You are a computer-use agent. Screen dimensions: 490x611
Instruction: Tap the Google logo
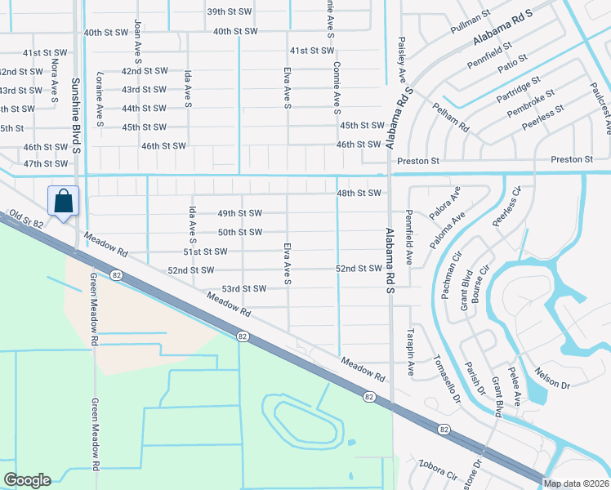(27, 479)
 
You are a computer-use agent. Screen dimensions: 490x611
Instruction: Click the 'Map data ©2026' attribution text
(576, 483)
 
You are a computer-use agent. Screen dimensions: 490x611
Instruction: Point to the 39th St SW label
(227, 12)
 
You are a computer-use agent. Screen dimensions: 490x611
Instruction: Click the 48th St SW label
(359, 194)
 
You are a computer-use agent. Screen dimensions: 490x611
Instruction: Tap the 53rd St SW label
(244, 289)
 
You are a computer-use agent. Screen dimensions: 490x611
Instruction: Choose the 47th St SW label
(45, 164)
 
